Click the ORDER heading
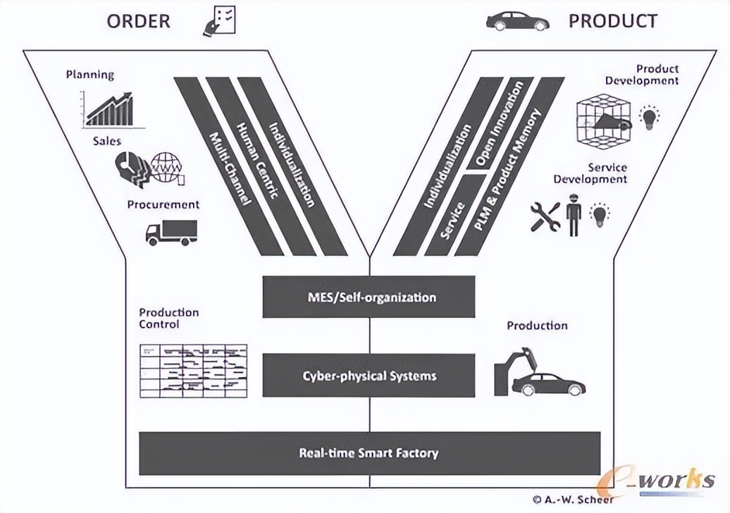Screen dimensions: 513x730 click(x=138, y=21)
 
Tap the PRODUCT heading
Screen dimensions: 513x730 click(x=613, y=21)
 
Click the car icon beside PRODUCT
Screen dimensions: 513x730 click(x=517, y=21)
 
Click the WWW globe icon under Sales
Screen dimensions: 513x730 click(x=166, y=168)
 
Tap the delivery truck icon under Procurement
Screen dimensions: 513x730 click(x=171, y=232)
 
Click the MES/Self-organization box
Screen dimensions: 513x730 click(x=369, y=297)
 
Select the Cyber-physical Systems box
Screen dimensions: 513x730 click(x=369, y=376)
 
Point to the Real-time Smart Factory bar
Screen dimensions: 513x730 click(x=369, y=452)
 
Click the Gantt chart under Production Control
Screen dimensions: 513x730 click(x=193, y=370)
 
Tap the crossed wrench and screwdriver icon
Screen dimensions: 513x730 click(x=545, y=217)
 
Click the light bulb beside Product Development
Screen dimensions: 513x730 click(x=648, y=118)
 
